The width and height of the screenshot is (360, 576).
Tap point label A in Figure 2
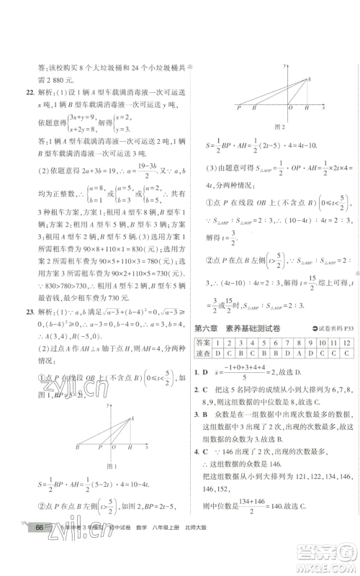click(310, 78)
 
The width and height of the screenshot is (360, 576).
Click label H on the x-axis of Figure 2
click(307, 107)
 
